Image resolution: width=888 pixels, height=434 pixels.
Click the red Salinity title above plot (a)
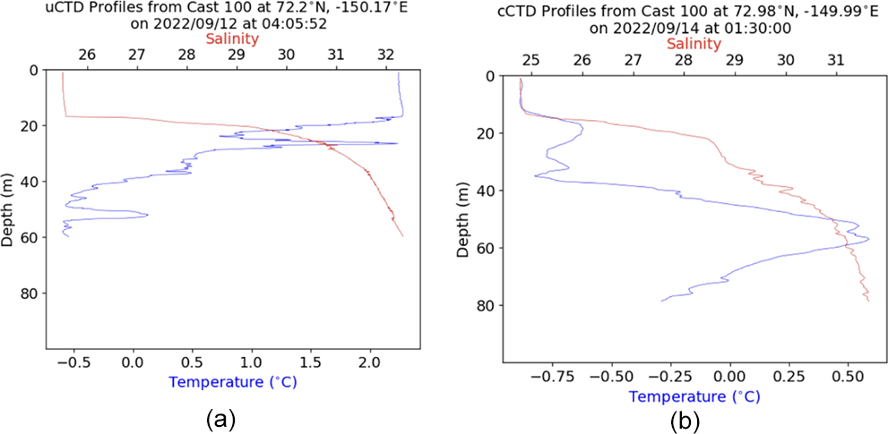click(x=233, y=38)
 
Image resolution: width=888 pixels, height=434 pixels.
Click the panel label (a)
click(x=220, y=417)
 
